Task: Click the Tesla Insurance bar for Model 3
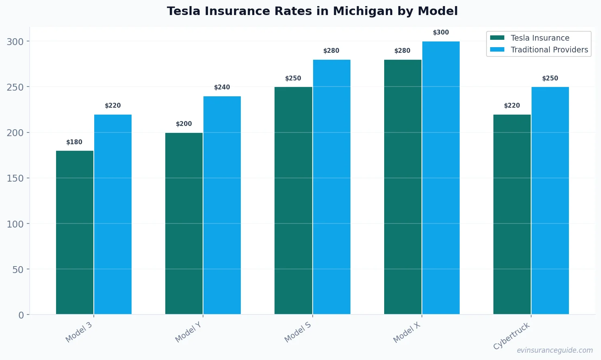point(75,232)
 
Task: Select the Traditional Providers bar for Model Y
point(222,205)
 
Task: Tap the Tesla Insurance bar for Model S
point(293,201)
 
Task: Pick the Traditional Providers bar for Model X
point(441,178)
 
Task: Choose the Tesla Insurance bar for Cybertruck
point(512,214)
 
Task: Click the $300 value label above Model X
point(441,33)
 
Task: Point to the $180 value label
point(74,142)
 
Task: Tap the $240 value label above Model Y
point(222,87)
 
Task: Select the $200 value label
point(184,124)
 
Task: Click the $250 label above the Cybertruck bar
point(550,78)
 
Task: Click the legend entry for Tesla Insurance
point(540,38)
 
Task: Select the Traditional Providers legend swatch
point(497,50)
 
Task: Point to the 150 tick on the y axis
point(15,178)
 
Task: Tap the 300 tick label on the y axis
point(15,41)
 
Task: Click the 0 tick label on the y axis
point(21,315)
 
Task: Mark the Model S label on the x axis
point(298,332)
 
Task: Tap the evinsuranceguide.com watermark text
point(555,350)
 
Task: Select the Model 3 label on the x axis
point(79,332)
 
